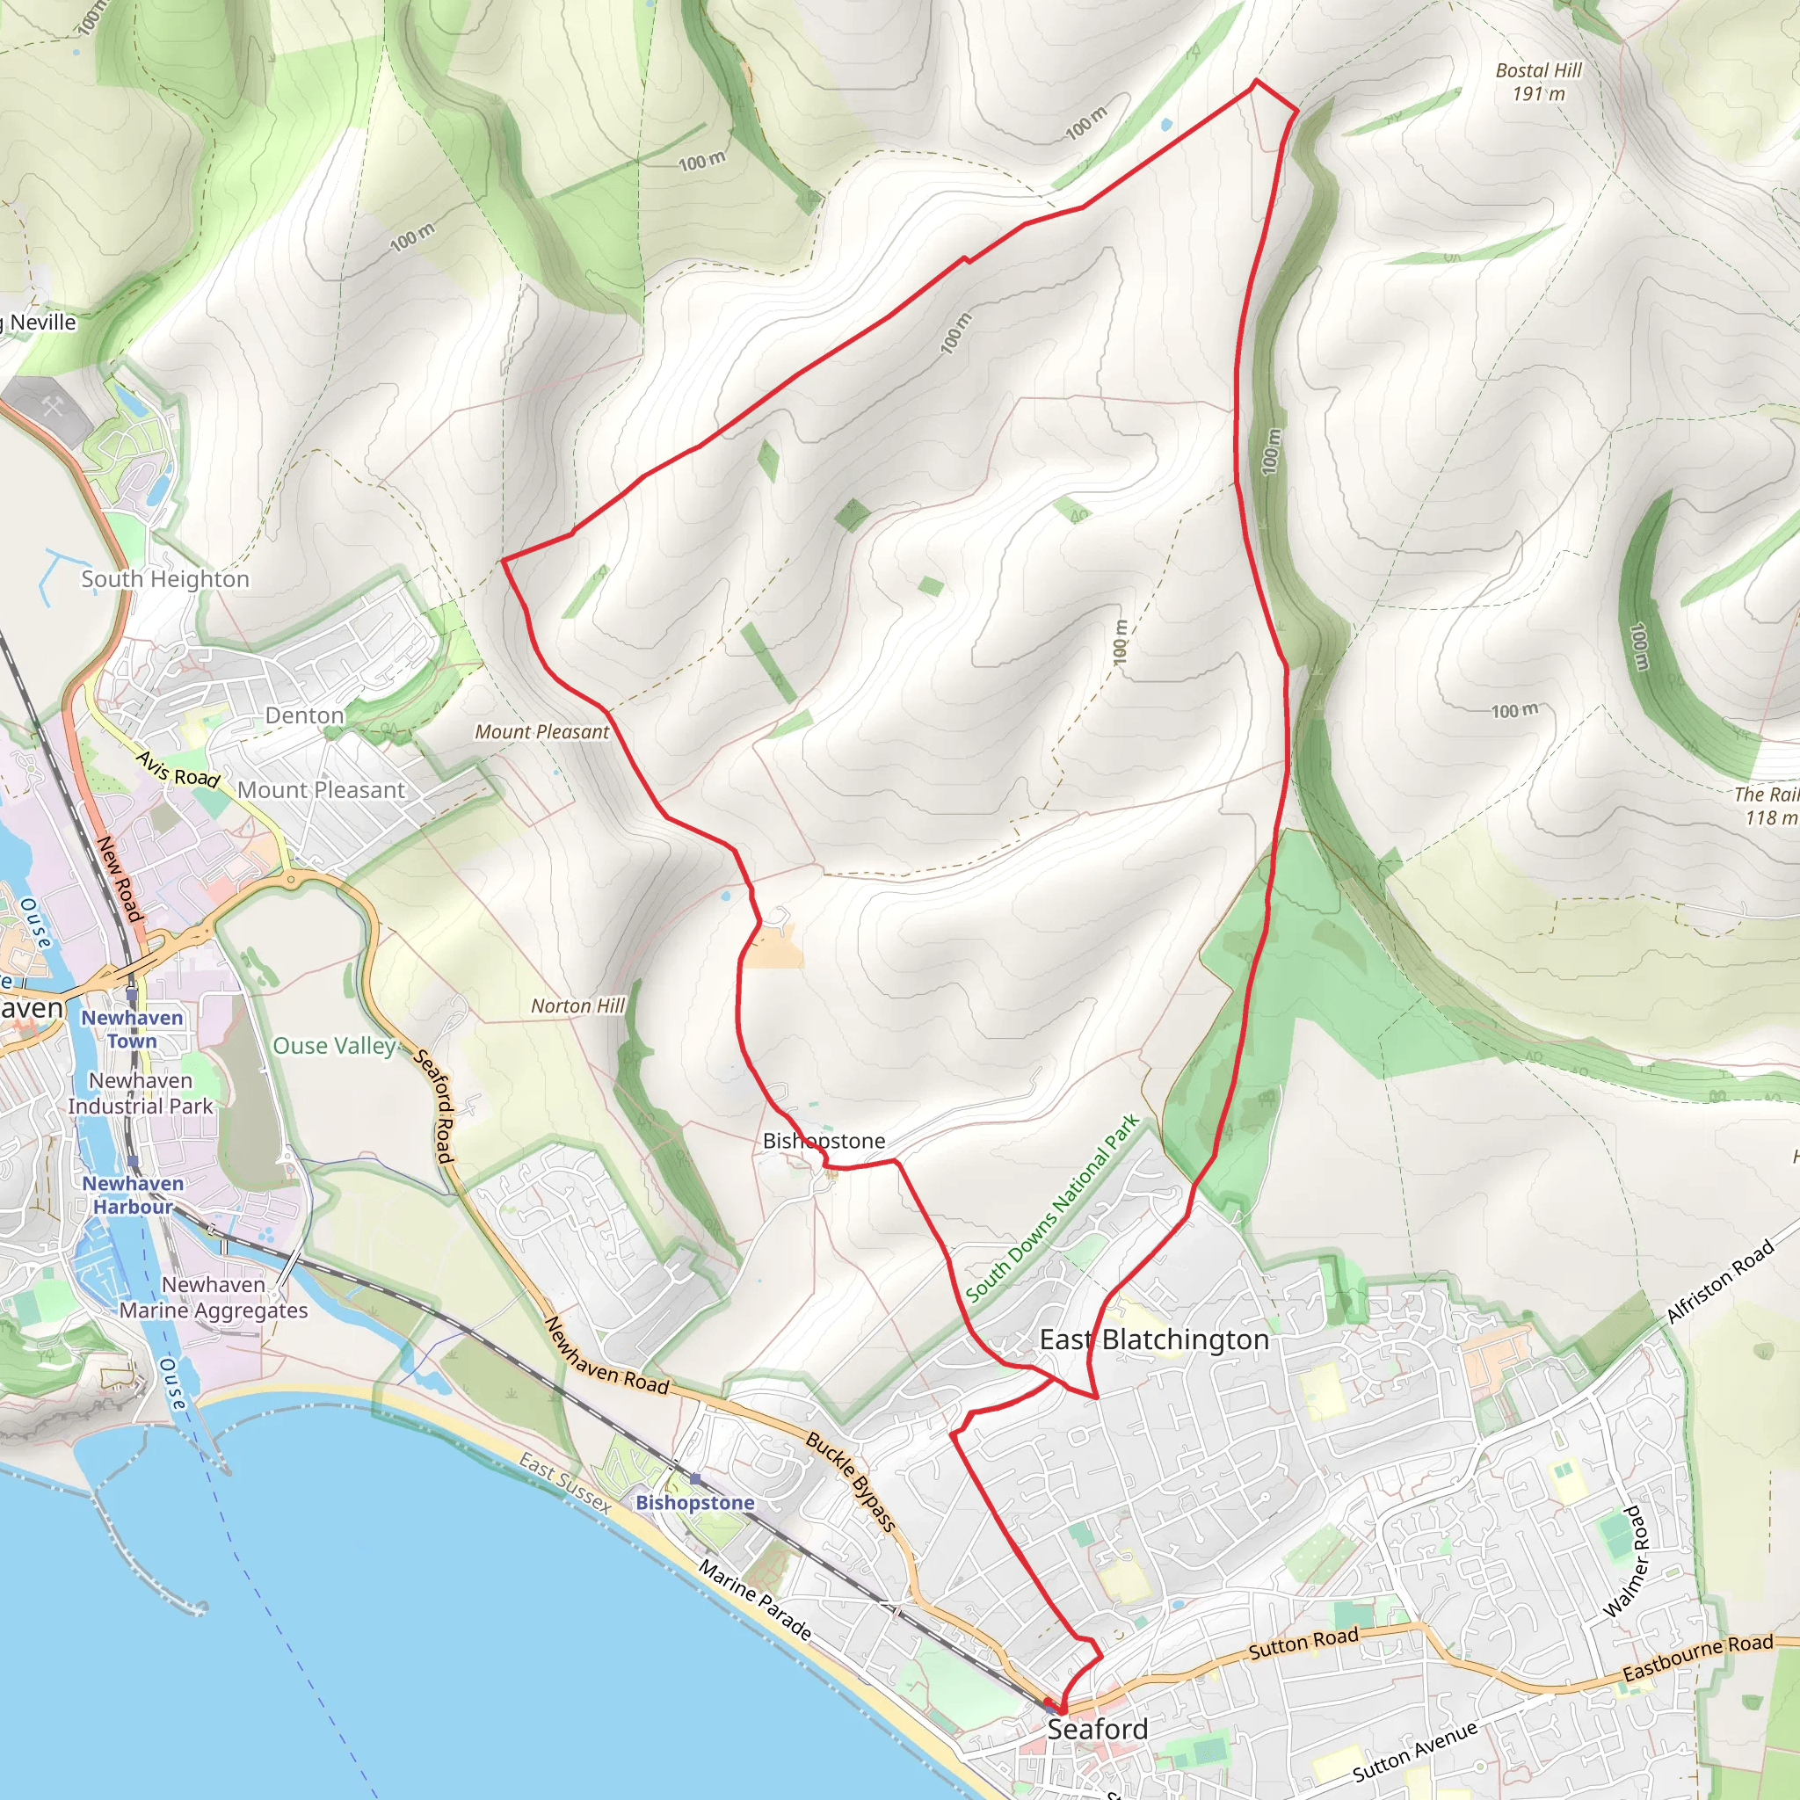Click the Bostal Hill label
point(1537,81)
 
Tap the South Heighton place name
point(165,578)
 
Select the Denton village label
point(305,715)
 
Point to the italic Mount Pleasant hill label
point(541,732)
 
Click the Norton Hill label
point(577,1006)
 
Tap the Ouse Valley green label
point(333,1045)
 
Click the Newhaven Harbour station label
point(133,1194)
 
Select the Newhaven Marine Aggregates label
point(214,1297)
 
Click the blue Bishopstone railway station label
point(695,1503)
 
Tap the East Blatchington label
point(1153,1339)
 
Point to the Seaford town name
point(1097,1729)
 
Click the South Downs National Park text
point(1053,1208)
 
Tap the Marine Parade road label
point(755,1600)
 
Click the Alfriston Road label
point(1719,1282)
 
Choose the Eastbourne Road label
point(1697,1658)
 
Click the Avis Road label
point(178,770)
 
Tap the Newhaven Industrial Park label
point(141,1092)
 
